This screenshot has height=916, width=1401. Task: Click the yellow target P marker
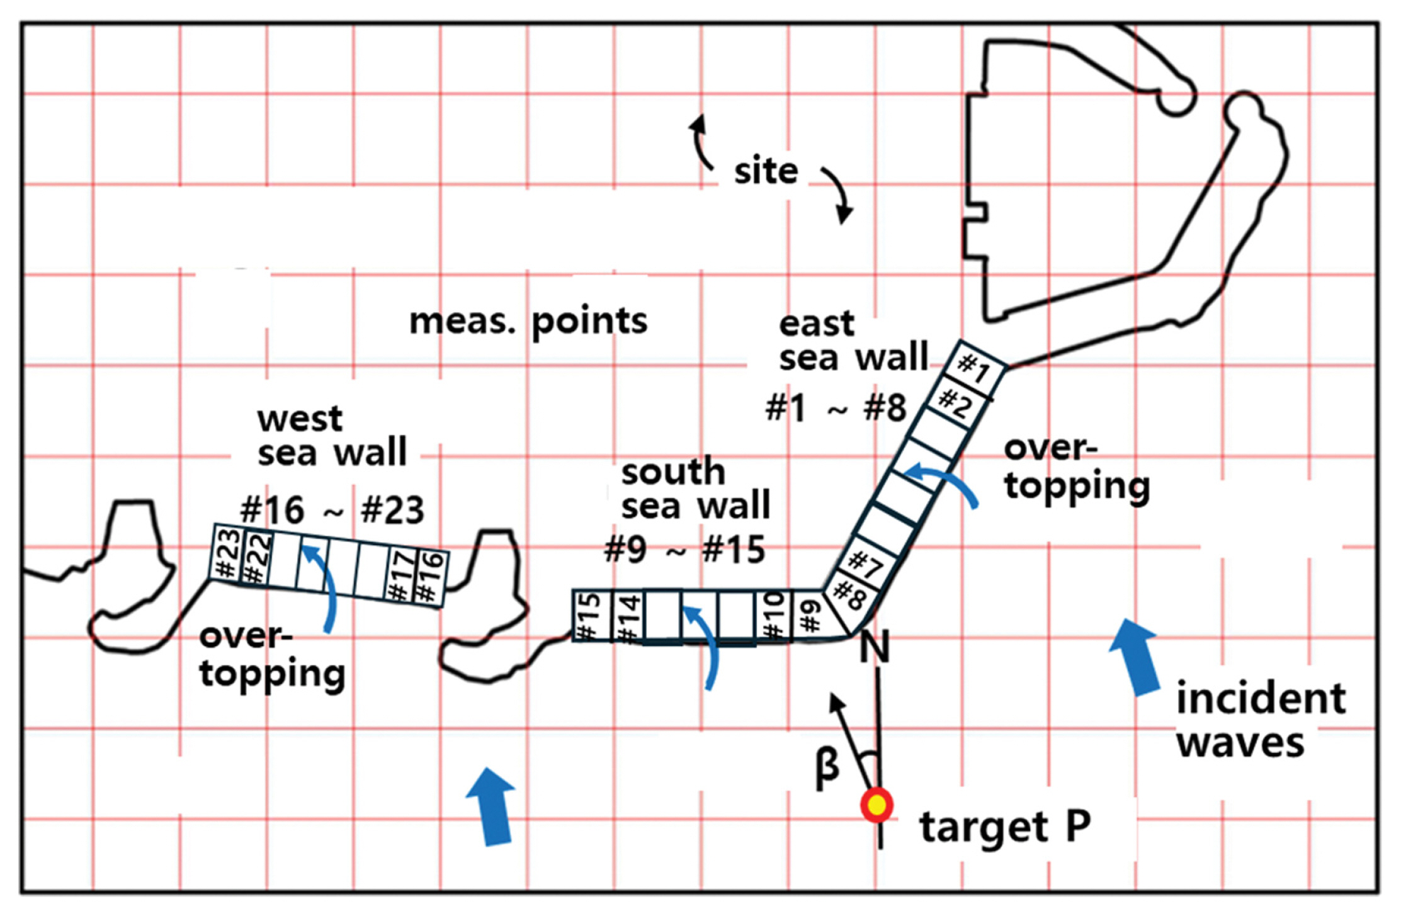coord(876,805)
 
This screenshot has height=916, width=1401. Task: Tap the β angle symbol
coord(827,767)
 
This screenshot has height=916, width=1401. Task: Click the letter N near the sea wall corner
coord(875,647)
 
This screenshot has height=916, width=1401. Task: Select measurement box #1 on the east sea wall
coord(973,368)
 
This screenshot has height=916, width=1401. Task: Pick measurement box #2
coord(955,404)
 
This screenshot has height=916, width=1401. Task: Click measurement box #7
coord(866,563)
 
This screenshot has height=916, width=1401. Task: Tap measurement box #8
coord(849,595)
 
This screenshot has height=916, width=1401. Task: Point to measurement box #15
coord(589,616)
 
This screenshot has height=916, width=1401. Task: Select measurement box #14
coord(627,618)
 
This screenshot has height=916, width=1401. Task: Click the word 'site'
coord(766,171)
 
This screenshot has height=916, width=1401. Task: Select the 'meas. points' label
coord(528,322)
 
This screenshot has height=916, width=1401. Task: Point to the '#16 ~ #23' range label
coord(332,510)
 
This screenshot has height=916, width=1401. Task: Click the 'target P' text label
coord(1005,827)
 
